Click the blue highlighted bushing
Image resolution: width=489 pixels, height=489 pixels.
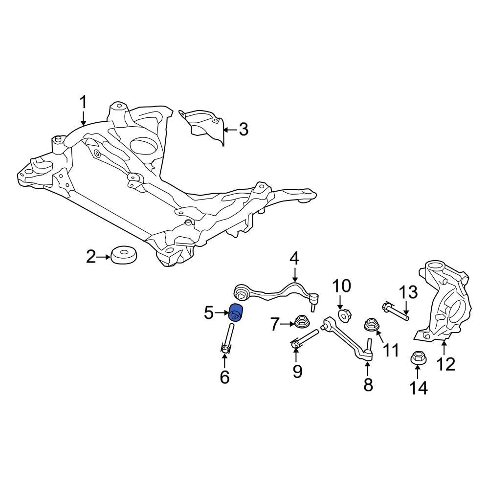tap(237, 313)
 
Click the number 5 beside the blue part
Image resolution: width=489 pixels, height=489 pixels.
tap(209, 312)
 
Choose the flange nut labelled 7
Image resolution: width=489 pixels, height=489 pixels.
tap(301, 323)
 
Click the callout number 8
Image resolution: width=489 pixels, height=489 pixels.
tap(368, 385)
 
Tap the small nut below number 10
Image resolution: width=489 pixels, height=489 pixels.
tap(344, 316)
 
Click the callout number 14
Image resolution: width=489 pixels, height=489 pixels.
tap(419, 387)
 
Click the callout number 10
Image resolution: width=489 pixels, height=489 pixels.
tap(342, 286)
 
